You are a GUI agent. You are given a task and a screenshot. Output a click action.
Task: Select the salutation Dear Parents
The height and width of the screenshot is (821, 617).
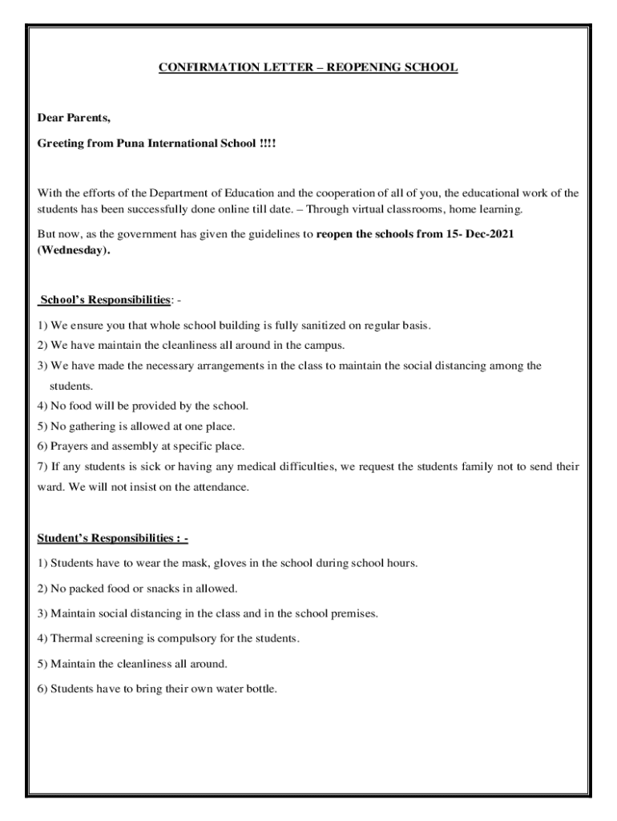pyautogui.click(x=74, y=118)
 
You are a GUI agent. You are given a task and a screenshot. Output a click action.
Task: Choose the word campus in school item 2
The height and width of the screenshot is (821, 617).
pyautogui.click(x=323, y=346)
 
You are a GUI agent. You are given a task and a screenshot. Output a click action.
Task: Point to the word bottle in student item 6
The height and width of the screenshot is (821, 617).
pyautogui.click(x=259, y=689)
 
